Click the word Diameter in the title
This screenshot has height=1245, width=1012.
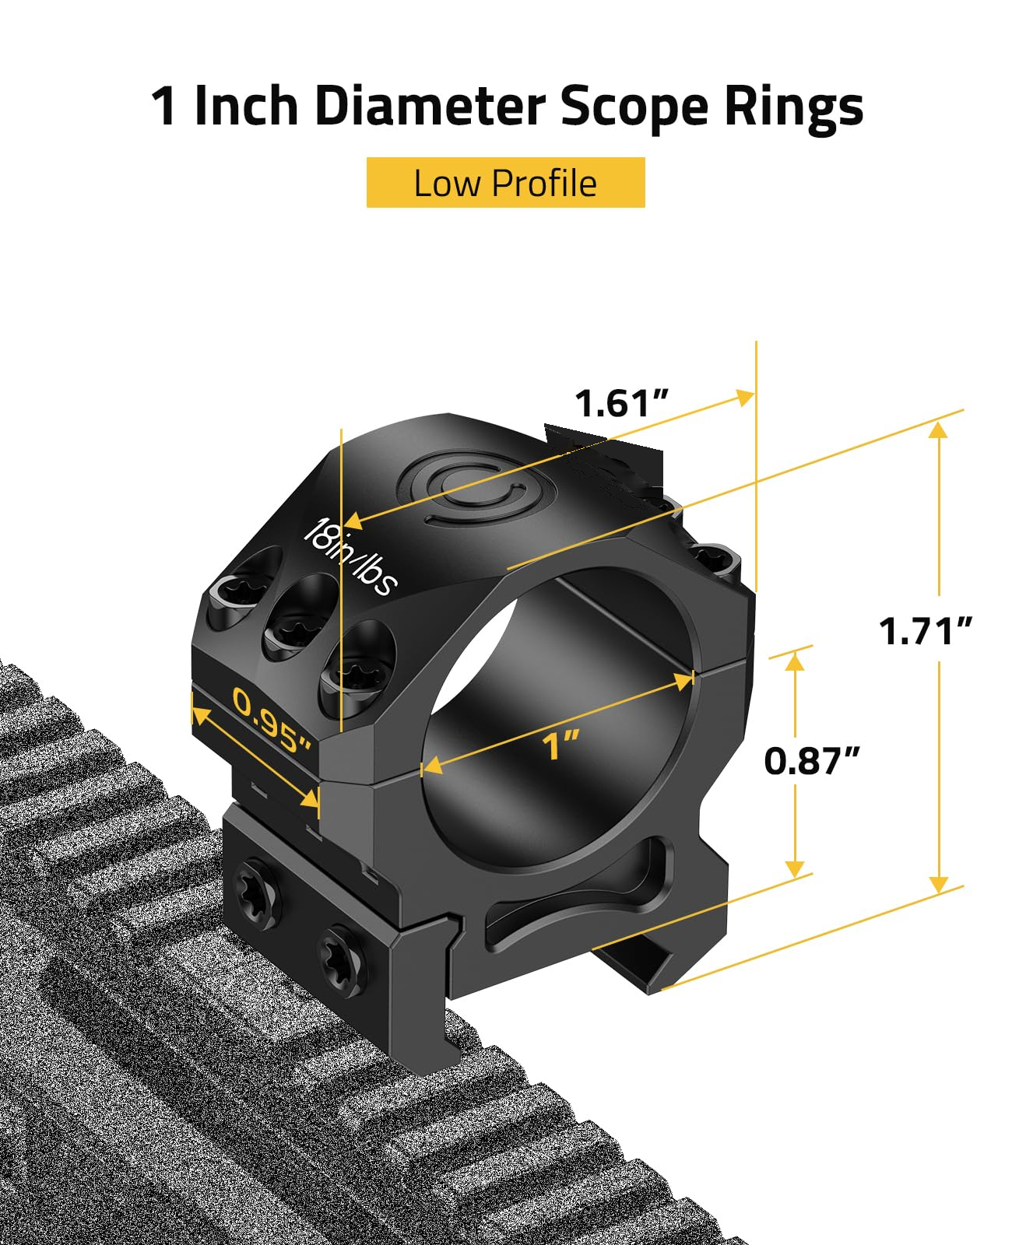429,105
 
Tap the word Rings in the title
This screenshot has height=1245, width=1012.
793,109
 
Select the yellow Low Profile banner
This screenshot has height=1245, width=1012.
505,182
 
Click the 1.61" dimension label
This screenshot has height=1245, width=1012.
621,403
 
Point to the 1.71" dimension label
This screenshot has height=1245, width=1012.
925,631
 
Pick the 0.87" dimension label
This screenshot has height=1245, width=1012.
811,760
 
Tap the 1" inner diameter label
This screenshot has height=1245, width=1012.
560,745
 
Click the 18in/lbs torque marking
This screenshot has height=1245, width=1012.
350,558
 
